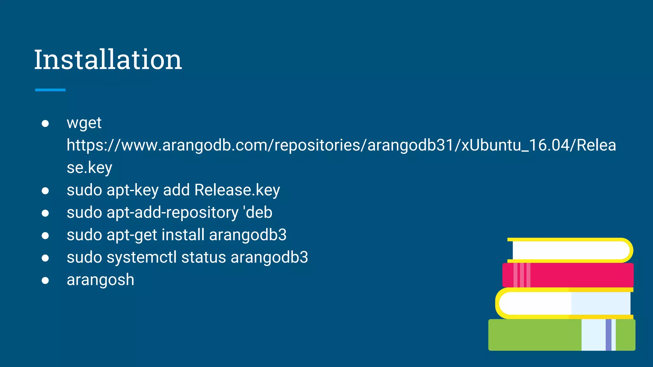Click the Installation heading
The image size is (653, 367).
tap(108, 60)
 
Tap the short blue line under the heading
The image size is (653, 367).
tap(50, 90)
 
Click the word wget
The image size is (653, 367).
tap(84, 123)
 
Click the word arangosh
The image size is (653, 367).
tap(100, 280)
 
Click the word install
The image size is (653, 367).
tap(183, 235)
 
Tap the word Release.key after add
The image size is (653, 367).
tap(237, 190)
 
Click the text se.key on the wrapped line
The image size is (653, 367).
tap(89, 168)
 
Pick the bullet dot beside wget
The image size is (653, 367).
tap(45, 123)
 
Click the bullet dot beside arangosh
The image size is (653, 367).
tap(45, 280)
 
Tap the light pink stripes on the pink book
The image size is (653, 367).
tap(522, 275)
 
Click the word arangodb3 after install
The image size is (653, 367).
tap(248, 235)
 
